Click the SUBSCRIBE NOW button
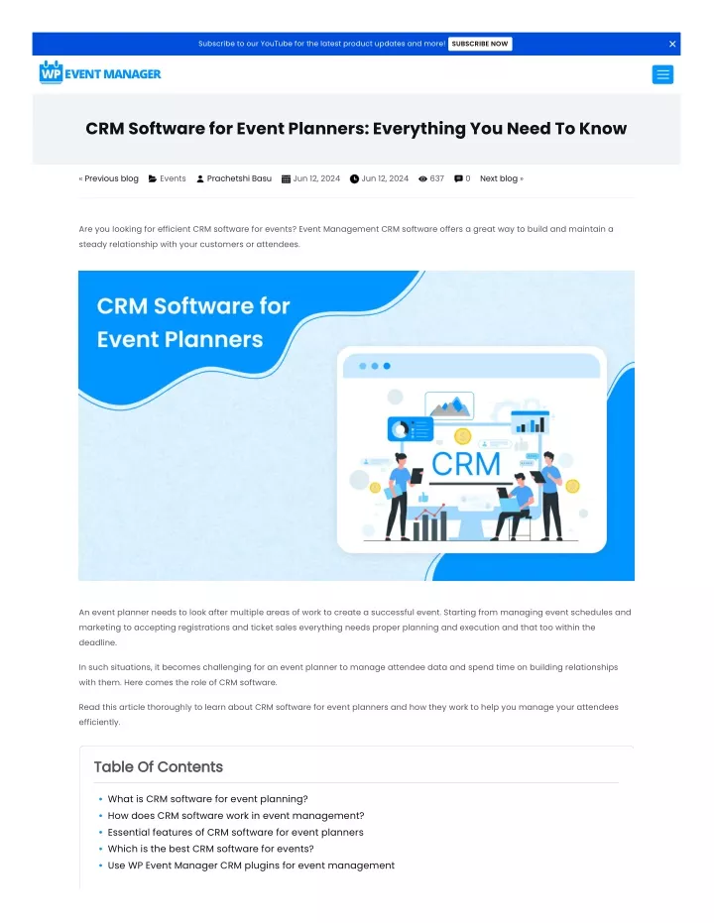[480, 44]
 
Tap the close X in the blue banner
[672, 44]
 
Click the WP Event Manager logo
[100, 73]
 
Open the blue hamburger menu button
[662, 74]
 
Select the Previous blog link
[109, 178]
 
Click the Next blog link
[502, 178]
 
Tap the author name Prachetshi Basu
[239, 178]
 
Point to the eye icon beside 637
[422, 178]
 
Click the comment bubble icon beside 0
[458, 178]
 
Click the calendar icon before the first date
[286, 178]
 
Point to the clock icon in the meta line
[354, 178]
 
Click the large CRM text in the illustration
[466, 464]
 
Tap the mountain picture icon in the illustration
[449, 405]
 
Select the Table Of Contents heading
[159, 766]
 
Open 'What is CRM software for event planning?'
[208, 799]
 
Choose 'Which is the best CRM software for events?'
[210, 849]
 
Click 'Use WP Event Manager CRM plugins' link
[251, 865]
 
